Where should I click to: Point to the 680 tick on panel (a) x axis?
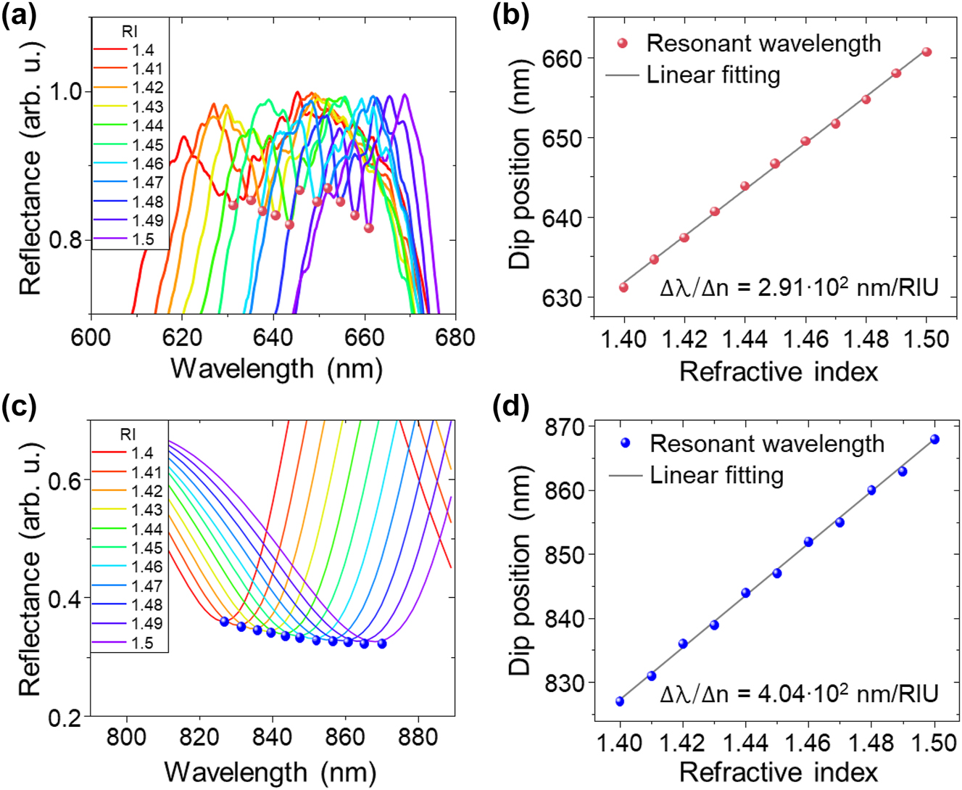click(455, 337)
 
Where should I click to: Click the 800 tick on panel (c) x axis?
click(127, 737)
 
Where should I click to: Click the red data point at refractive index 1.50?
click(926, 52)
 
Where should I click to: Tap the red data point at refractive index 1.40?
click(623, 288)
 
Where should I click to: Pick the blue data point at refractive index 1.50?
click(934, 440)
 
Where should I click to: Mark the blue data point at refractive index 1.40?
click(620, 701)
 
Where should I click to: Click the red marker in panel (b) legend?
click(622, 44)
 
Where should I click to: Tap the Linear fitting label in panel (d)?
click(716, 476)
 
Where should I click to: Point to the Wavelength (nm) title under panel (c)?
click(270, 770)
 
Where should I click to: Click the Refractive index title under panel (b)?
click(779, 371)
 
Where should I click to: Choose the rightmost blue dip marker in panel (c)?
click(382, 643)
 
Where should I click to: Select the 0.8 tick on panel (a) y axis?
click(65, 240)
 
